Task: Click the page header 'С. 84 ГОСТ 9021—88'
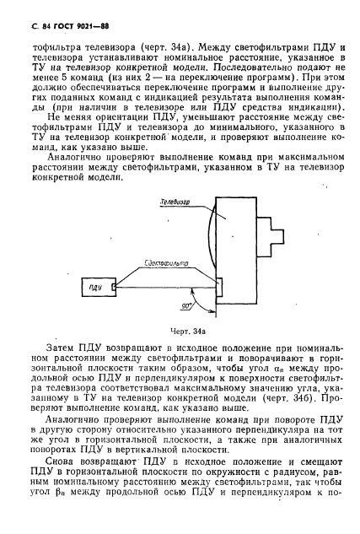point(67,31)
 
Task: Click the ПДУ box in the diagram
point(94,289)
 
